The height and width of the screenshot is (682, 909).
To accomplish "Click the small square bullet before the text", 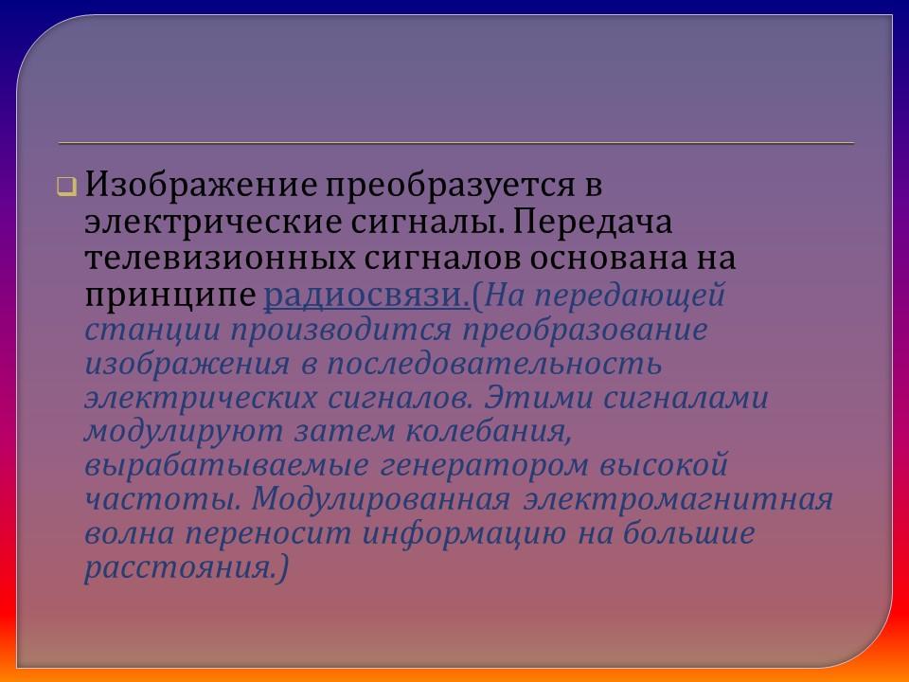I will pyautogui.click(x=65, y=187).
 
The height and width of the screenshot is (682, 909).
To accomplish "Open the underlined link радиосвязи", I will pyautogui.click(x=367, y=296).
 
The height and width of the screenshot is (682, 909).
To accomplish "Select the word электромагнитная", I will pyautogui.click(x=678, y=500).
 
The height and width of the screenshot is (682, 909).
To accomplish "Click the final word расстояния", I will pyautogui.click(x=184, y=568).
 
